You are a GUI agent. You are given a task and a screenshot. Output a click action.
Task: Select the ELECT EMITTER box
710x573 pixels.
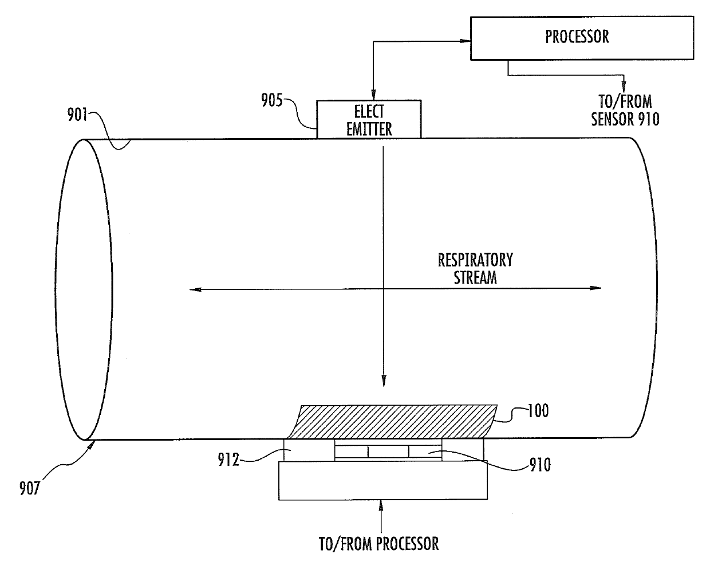click(x=369, y=119)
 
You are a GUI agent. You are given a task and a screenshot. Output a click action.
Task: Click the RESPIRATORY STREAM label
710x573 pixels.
click(x=475, y=268)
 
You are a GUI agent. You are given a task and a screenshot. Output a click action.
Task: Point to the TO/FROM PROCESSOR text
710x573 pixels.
click(x=378, y=543)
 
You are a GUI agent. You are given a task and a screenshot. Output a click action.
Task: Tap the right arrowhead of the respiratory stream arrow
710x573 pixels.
click(x=597, y=288)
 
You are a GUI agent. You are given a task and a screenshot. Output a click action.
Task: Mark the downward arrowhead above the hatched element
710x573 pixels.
click(x=382, y=380)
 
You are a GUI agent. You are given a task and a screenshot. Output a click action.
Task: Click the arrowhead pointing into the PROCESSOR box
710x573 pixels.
click(x=465, y=41)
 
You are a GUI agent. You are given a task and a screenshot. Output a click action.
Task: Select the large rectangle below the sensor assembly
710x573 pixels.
click(x=383, y=480)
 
